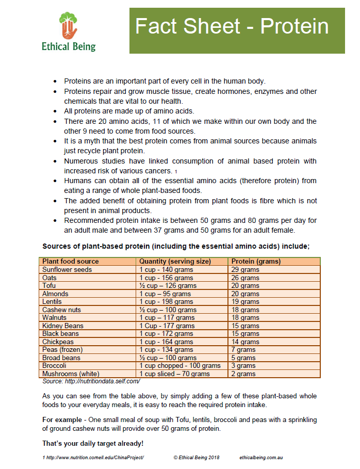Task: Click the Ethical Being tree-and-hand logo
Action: click(68, 26)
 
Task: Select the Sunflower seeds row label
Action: click(67, 269)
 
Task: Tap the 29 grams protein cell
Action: click(245, 270)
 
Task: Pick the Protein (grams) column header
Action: click(256, 261)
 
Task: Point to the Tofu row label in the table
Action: click(50, 285)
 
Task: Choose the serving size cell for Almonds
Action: click(165, 294)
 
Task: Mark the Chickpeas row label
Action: click(58, 342)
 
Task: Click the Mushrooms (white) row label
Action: click(71, 374)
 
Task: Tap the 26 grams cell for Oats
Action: click(245, 278)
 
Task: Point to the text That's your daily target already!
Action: click(93, 443)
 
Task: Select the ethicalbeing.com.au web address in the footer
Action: click(261, 458)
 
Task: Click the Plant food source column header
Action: click(70, 261)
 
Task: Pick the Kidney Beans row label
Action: click(63, 326)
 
